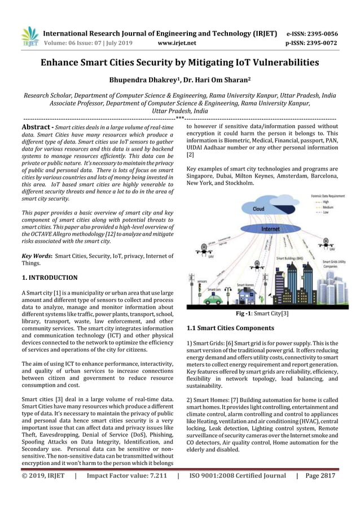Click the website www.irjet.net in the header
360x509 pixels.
178,42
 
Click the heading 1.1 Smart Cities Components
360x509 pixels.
230,328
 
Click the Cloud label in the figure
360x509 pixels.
258,209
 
